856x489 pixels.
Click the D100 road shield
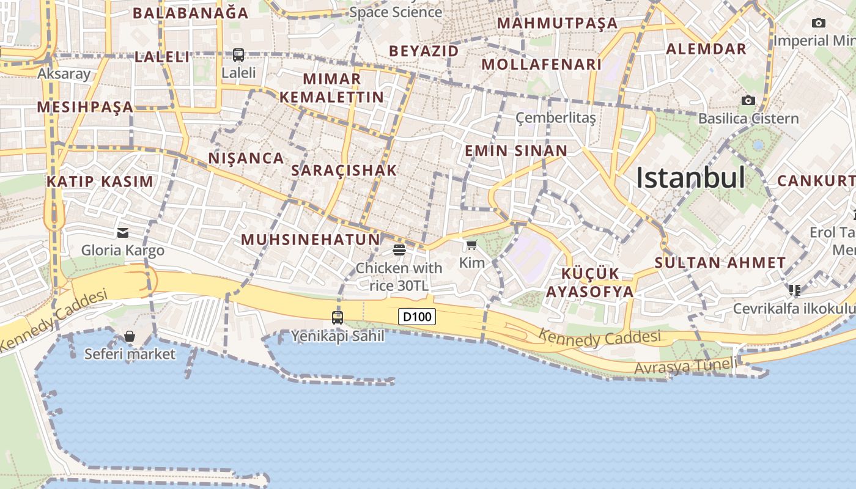pos(417,317)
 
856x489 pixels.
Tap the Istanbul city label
pos(690,178)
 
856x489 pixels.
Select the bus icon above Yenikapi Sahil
pos(337,317)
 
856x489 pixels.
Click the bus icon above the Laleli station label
pos(238,55)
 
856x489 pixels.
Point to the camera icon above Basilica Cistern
pos(748,100)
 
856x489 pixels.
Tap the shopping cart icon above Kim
pos(471,245)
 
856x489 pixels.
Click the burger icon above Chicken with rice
pos(399,249)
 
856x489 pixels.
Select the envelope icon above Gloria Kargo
pos(123,232)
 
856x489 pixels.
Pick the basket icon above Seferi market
pos(130,336)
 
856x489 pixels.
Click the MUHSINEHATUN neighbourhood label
pos(311,240)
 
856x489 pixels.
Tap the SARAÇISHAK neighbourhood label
pos(344,171)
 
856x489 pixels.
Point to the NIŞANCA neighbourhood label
pos(246,158)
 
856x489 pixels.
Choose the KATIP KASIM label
pos(100,182)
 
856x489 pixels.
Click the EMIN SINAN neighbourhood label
pos(516,151)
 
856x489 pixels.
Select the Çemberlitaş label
pos(555,118)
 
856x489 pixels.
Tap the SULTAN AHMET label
pos(720,263)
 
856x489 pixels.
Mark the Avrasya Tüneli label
pos(685,367)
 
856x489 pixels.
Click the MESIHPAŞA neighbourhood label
pos(85,107)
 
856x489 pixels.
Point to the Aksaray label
pos(64,74)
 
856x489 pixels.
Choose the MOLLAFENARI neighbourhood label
pos(542,64)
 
